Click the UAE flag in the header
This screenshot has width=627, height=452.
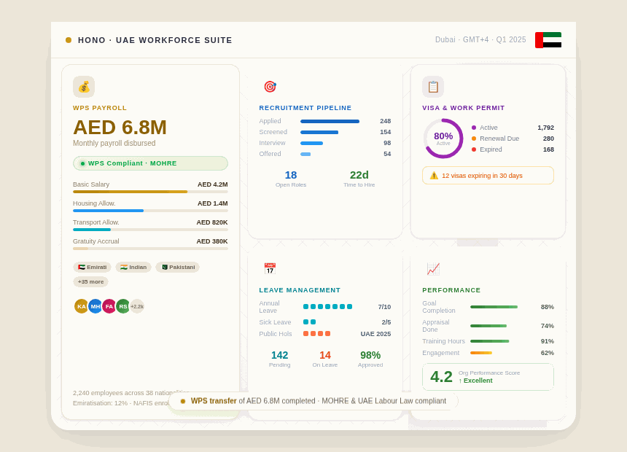point(548,40)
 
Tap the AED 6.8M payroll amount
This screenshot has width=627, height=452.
point(120,127)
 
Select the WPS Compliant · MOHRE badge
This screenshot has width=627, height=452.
point(150,163)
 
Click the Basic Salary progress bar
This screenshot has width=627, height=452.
point(150,192)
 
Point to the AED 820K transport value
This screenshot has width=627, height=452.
point(211,222)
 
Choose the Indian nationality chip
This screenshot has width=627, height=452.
point(133,268)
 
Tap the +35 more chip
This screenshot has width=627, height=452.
point(90,281)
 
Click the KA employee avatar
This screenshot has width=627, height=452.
point(81,306)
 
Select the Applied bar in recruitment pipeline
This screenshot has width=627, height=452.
point(330,121)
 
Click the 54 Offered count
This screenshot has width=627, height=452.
point(386,154)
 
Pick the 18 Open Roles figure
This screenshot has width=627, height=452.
point(291,175)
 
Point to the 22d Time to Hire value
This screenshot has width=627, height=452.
point(359,175)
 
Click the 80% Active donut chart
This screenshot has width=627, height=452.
point(443,139)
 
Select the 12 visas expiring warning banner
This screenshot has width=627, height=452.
point(488,176)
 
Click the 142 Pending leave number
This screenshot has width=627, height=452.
point(280,355)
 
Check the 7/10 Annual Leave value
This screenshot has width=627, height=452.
point(384,307)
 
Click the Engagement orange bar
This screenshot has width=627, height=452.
point(481,353)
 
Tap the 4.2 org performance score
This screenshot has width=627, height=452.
point(441,377)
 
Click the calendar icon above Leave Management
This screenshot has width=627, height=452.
point(270,269)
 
